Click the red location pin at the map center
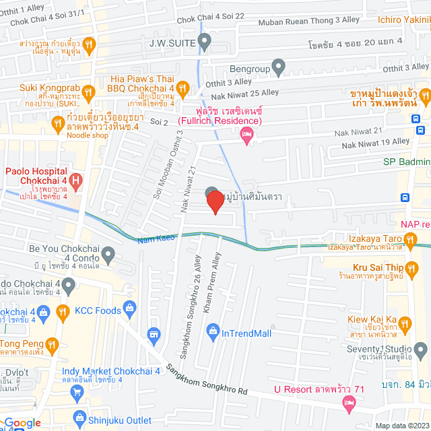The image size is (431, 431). pyautogui.click(x=215, y=202)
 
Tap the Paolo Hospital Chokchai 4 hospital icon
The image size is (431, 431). pyautogui.click(x=76, y=180)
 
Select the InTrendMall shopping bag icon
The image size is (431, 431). pyautogui.click(x=213, y=330)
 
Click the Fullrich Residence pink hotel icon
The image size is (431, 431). pyautogui.click(x=247, y=135)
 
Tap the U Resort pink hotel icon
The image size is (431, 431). pyautogui.click(x=349, y=403)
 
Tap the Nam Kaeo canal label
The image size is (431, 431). pyautogui.click(x=156, y=238)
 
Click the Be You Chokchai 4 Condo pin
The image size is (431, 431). pyautogui.click(x=108, y=254)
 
